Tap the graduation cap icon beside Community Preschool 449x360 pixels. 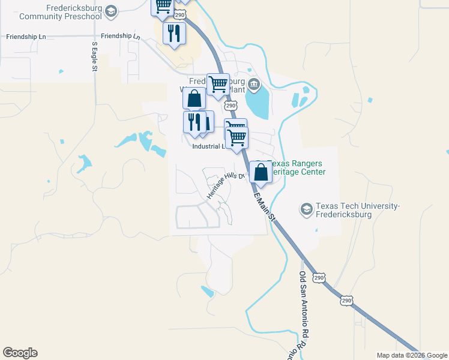pyautogui.click(x=110, y=11)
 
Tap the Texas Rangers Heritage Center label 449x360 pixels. pyautogui.click(x=297, y=167)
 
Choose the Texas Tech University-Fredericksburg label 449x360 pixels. pyautogui.click(x=352, y=210)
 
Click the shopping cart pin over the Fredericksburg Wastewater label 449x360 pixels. pyautogui.click(x=218, y=84)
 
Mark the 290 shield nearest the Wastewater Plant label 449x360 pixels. pyautogui.click(x=231, y=106)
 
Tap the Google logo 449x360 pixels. pyautogui.click(x=20, y=353)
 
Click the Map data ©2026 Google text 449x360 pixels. pyautogui.click(x=411, y=355)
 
